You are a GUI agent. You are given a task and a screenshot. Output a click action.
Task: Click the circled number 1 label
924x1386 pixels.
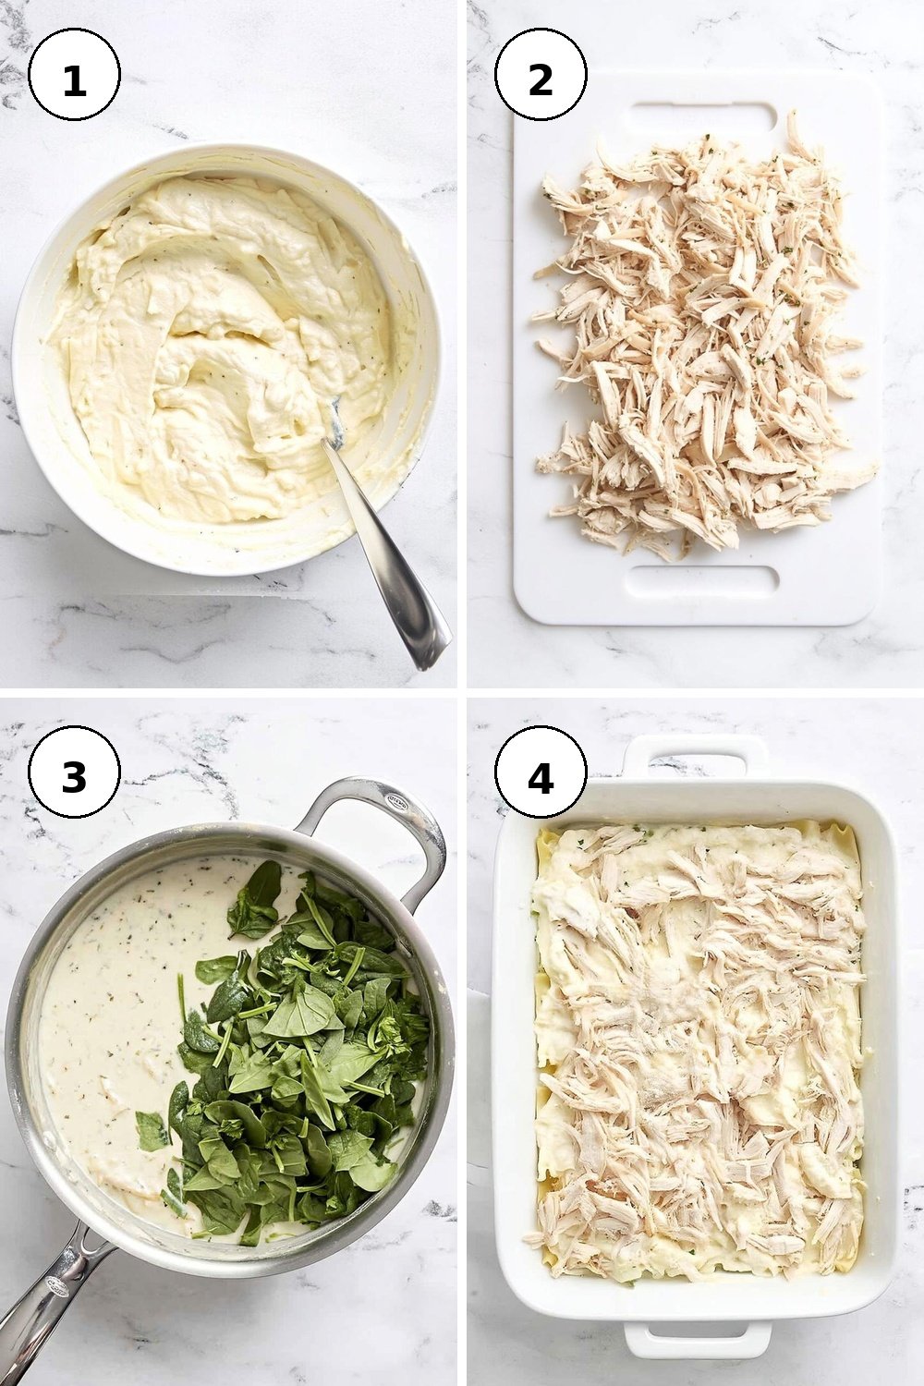coord(74,75)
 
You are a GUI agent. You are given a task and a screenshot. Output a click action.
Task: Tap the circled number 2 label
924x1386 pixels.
coord(541,75)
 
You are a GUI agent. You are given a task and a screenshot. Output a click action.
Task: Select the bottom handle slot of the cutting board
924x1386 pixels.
coord(703,579)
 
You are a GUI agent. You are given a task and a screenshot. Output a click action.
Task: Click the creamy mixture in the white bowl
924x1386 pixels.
coord(216,346)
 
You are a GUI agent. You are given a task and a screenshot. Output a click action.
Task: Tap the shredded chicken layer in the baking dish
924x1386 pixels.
coord(699,1052)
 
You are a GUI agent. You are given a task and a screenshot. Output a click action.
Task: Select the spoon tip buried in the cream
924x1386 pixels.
coord(335,424)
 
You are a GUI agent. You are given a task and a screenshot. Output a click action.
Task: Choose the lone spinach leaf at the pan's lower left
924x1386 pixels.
coord(152,1131)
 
